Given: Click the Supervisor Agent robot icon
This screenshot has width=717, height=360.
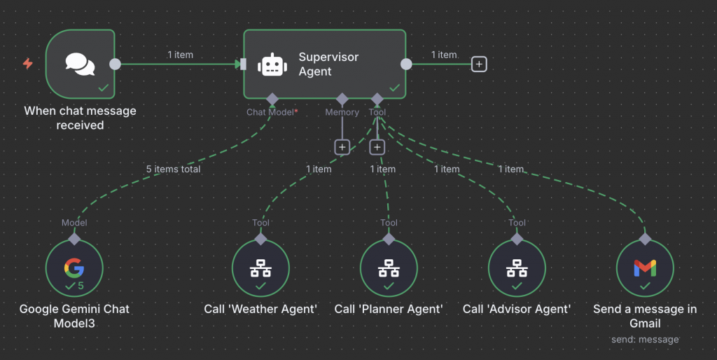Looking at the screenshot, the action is (272, 64).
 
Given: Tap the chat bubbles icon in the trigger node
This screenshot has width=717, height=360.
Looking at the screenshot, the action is (80, 64).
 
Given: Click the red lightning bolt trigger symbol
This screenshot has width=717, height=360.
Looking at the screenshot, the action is (28, 63).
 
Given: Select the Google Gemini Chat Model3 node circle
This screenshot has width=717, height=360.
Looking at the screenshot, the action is (74, 268).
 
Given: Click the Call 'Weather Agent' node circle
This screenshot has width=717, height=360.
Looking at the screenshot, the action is (260, 268).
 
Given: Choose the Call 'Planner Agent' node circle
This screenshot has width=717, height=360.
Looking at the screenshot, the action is (389, 268).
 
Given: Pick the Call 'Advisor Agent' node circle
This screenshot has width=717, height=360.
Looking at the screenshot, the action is (517, 268).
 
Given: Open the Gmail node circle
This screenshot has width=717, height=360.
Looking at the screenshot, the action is (645, 268).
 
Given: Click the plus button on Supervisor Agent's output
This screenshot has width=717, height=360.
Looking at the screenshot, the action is (479, 64).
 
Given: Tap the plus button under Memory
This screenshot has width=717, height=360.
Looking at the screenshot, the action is (342, 147).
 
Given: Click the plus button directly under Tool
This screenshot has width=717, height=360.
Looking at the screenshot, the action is (377, 147).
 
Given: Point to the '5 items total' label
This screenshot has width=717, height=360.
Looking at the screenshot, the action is (174, 169).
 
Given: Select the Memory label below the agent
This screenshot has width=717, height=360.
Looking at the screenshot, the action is (342, 112).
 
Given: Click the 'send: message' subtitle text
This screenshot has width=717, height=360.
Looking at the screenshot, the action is (645, 340).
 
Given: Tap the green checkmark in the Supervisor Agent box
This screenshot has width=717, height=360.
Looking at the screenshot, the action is (395, 88).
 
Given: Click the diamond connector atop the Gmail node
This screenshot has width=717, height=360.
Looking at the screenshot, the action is (645, 239).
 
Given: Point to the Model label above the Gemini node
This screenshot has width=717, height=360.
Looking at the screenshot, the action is (74, 223).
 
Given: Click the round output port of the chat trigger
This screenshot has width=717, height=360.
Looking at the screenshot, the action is (116, 64).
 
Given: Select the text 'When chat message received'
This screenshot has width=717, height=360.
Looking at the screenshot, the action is (80, 118).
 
